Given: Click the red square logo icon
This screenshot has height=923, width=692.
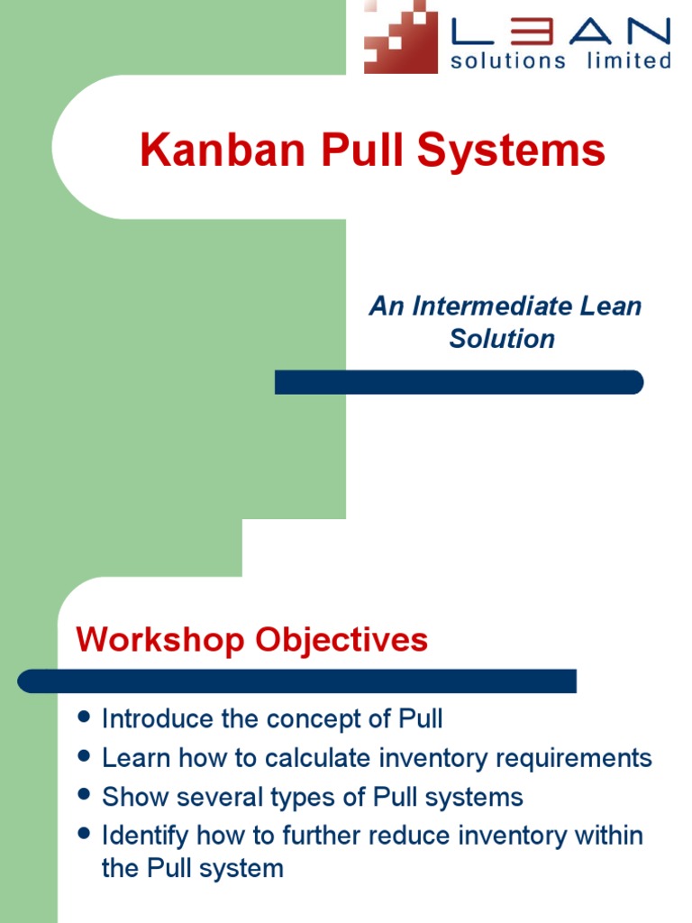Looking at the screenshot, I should coord(400,37).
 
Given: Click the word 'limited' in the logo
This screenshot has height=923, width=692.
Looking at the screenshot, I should coord(629,61).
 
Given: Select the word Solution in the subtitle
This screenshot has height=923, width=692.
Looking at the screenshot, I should coord(502,339).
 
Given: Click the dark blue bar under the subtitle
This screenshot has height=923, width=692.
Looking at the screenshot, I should coord(459,382).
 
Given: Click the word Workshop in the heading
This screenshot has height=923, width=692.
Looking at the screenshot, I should coord(159,640).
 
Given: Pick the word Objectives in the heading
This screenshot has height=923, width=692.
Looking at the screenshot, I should coord(341,640).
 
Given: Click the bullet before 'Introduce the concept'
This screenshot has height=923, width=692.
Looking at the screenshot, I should coord(85,717).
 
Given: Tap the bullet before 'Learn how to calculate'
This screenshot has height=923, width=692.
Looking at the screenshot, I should coord(85,756).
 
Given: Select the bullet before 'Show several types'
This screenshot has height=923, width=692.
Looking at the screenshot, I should coord(85,795).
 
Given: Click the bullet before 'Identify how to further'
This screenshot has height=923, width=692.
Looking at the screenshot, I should coord(85,834).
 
